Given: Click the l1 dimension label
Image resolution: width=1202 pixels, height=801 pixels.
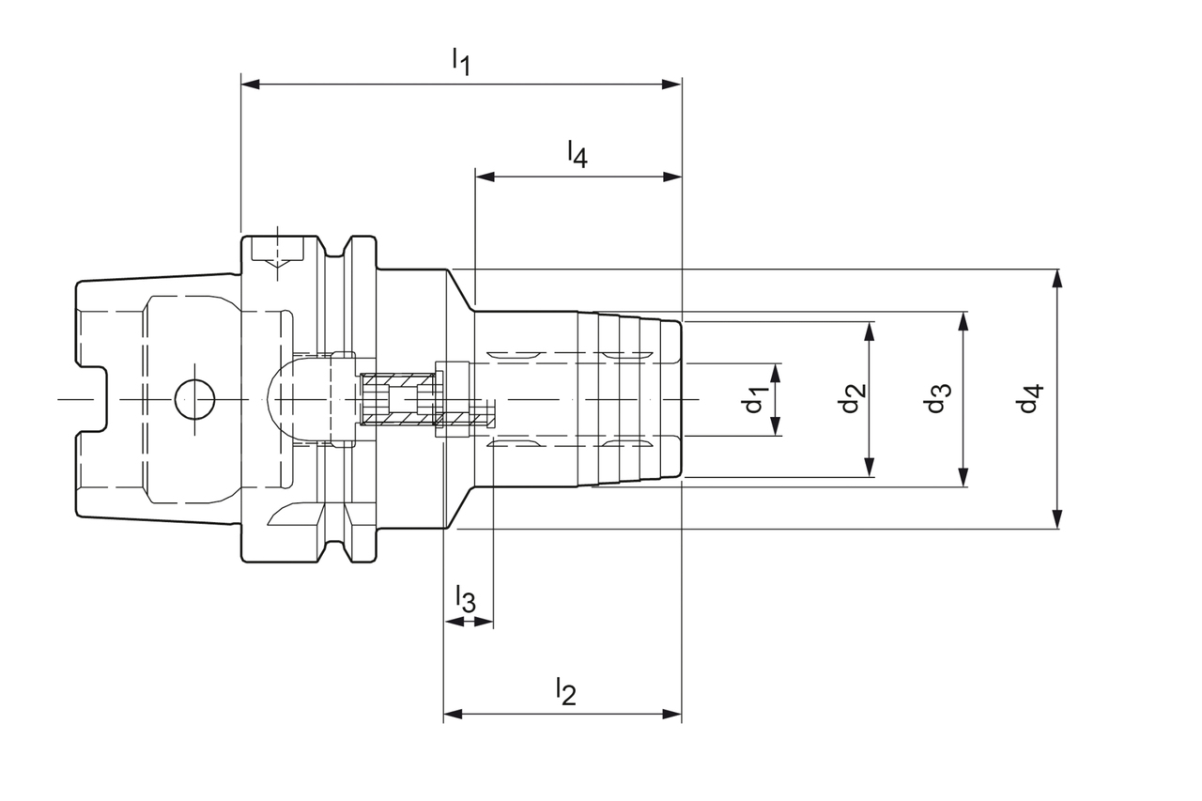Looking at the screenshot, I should (x=460, y=62).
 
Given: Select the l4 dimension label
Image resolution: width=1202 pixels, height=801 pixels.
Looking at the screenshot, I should (x=577, y=153).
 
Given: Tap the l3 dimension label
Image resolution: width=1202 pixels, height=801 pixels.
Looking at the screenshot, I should (x=465, y=597).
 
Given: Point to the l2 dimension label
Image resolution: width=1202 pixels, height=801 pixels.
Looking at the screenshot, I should (x=564, y=691).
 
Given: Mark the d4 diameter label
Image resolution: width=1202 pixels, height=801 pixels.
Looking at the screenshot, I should (x=1030, y=399).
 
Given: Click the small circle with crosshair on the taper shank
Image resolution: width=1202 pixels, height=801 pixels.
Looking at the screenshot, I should (x=194, y=399).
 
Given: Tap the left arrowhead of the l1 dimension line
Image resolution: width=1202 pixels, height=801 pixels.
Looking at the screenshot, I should (x=250, y=85).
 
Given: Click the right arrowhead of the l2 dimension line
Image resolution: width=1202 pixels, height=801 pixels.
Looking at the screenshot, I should (x=672, y=715).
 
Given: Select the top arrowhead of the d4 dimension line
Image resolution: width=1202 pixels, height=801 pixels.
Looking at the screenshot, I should (x=1057, y=277).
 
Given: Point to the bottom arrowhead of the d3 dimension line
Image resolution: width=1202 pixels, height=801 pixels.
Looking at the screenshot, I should (x=963, y=479).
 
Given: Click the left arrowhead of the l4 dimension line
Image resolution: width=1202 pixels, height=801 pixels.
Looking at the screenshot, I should (x=485, y=177).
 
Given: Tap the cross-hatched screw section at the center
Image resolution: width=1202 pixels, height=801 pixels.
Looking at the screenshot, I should (x=399, y=399).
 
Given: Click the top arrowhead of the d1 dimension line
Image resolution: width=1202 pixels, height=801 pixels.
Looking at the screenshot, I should (x=776, y=370).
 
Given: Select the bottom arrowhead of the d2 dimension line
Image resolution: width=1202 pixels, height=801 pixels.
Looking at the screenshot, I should (x=870, y=469).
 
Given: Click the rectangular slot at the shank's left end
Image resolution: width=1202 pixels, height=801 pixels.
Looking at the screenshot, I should (x=92, y=399).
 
